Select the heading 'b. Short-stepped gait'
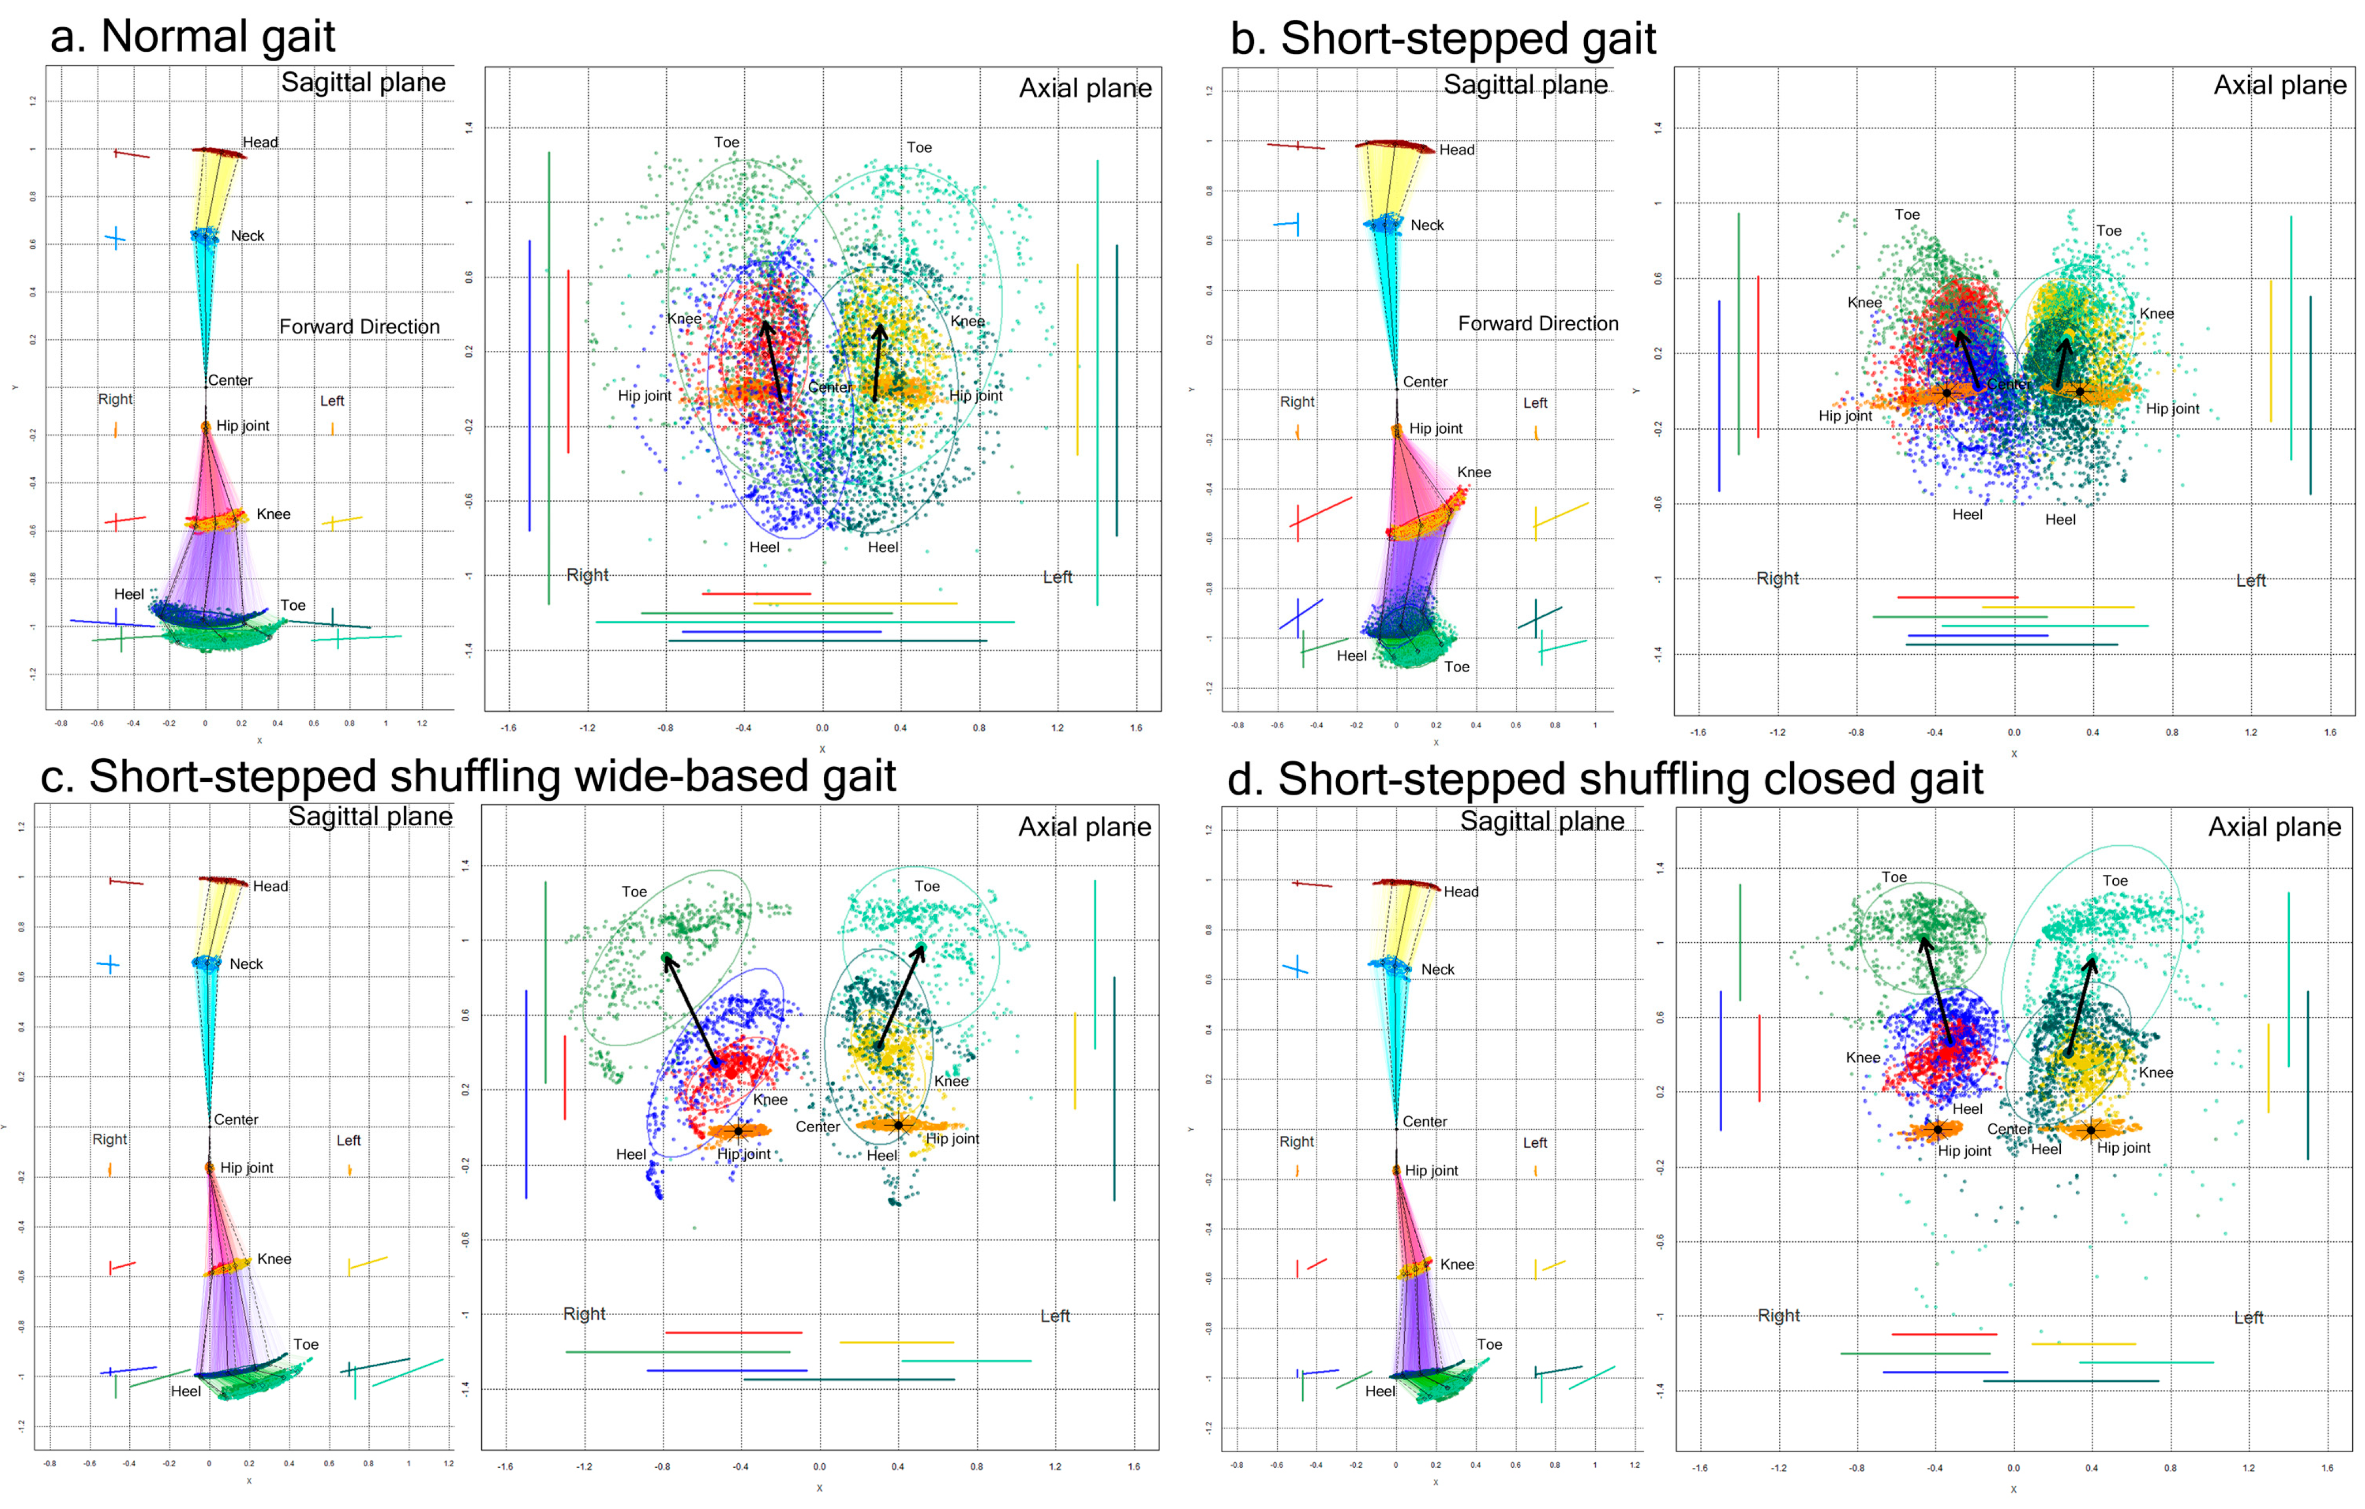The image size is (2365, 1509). (x=1442, y=40)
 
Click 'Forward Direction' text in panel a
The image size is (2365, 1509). (x=359, y=327)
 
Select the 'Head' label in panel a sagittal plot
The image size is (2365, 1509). (x=260, y=143)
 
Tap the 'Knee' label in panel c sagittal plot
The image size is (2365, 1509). (x=274, y=1258)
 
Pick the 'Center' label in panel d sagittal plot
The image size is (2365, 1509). (x=1424, y=1121)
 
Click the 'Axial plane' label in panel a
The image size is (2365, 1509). (x=1085, y=89)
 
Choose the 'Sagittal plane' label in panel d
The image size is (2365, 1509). (x=1542, y=821)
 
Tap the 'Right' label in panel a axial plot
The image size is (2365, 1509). (x=587, y=575)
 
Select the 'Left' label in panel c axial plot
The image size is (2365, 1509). (x=1055, y=1316)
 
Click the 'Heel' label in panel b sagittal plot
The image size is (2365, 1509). (x=1351, y=656)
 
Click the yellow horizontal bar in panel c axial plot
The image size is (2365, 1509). (x=896, y=1342)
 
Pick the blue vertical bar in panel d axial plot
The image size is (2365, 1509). (x=1721, y=1060)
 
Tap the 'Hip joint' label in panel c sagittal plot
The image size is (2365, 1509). (x=247, y=1167)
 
